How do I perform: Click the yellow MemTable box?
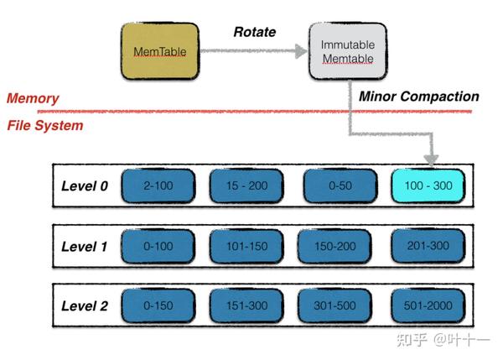pos(159,52)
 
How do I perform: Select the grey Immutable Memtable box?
pos(347,52)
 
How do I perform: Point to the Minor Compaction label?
pos(418,97)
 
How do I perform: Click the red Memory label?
pos(33,98)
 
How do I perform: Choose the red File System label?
pos(45,126)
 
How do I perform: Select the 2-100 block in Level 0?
pos(158,186)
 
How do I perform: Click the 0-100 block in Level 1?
pos(158,246)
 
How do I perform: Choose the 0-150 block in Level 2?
pos(158,305)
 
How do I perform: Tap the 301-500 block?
pos(335,305)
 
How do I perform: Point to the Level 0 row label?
pos(85,186)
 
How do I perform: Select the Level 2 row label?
pos(85,305)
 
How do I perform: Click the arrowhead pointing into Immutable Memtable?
pos(301,51)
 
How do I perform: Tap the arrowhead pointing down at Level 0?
pos(432,159)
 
